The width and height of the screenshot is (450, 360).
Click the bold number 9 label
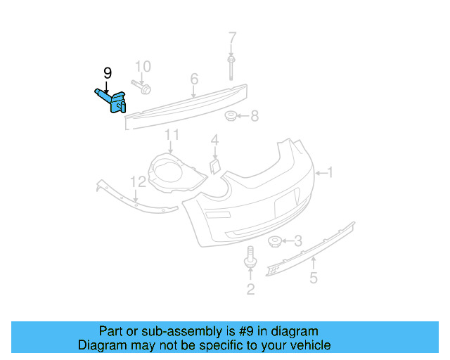click(x=107, y=72)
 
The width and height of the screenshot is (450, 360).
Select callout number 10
click(x=143, y=67)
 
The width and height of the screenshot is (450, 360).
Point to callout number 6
click(x=194, y=78)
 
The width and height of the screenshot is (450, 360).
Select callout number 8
click(x=255, y=115)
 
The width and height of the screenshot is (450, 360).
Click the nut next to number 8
click(x=230, y=115)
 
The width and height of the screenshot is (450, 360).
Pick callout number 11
click(x=172, y=134)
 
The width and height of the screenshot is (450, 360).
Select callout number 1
click(x=330, y=172)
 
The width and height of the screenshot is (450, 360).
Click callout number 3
click(x=298, y=241)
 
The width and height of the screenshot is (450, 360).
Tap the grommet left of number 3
click(x=275, y=243)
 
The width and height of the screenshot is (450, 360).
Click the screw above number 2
click(x=250, y=258)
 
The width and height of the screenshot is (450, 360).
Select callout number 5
click(x=314, y=278)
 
